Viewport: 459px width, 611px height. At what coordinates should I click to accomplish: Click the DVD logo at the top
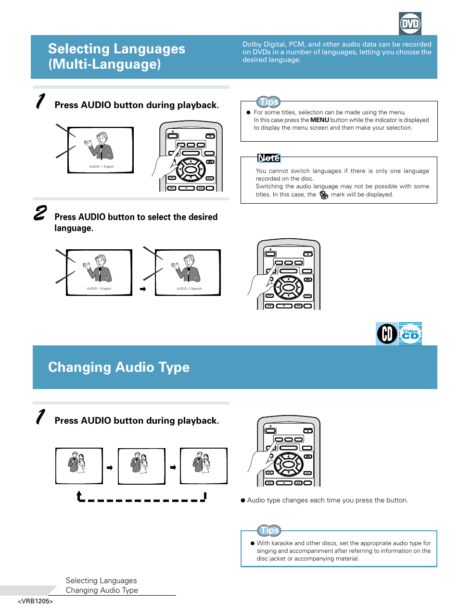tap(410, 24)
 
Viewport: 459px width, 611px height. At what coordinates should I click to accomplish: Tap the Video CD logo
tap(410, 334)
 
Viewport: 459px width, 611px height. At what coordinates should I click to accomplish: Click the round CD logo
tap(387, 334)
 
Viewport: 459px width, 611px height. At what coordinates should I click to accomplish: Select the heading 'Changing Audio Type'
tap(119, 367)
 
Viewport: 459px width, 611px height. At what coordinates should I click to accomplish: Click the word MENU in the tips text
tap(319, 120)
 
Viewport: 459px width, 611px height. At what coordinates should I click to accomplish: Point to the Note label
tap(268, 158)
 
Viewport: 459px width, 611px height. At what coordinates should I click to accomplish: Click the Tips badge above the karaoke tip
tap(269, 530)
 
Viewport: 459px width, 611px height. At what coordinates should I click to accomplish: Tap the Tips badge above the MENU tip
tap(269, 102)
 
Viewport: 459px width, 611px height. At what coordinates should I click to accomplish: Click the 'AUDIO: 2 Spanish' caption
tap(189, 289)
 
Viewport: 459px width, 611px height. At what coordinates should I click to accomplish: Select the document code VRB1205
tap(35, 601)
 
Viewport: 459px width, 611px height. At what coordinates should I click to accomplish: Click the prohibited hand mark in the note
tap(324, 195)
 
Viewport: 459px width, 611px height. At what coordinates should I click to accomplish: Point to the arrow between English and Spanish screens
tap(142, 289)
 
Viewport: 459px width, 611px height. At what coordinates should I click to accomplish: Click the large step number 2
tap(40, 213)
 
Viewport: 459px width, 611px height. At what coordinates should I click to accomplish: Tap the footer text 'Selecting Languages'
tap(101, 581)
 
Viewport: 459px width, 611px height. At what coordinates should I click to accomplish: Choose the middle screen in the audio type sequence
tap(141, 466)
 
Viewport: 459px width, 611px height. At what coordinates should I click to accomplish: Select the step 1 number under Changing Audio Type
tap(41, 416)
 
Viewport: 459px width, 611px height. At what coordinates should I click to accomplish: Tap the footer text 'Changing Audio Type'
tap(102, 590)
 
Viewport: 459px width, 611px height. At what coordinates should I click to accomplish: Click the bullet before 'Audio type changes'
tap(243, 500)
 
